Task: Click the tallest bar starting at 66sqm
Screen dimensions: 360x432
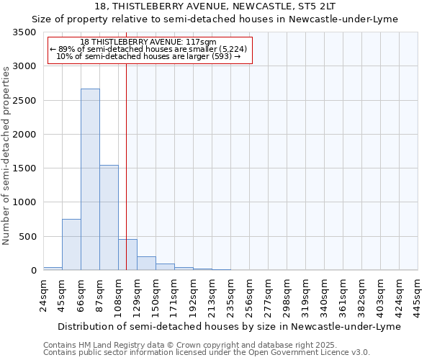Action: (x=90, y=179)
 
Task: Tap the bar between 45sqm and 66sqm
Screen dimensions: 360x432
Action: (x=71, y=244)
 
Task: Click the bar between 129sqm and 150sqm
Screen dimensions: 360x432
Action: (x=146, y=263)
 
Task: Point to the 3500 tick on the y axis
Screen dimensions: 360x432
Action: (x=24, y=33)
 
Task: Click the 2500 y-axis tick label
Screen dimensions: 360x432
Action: (x=24, y=101)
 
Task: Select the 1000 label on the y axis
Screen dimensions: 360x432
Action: (x=24, y=203)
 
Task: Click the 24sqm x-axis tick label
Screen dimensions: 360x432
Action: (x=44, y=294)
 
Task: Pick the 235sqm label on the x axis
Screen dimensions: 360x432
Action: (x=231, y=294)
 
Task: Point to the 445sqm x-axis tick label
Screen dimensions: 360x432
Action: (x=418, y=294)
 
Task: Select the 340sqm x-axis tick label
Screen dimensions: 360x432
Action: (x=325, y=294)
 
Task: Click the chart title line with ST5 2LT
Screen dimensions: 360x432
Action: (x=215, y=6)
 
